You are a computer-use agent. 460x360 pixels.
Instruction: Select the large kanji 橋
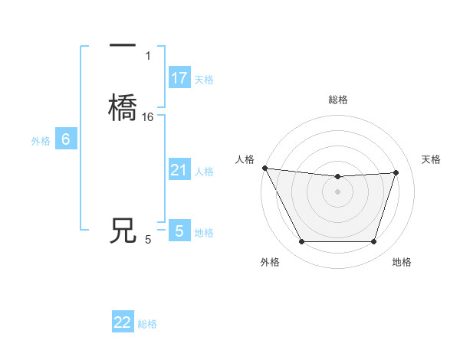click(123, 106)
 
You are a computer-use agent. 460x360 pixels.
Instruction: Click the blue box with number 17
click(179, 78)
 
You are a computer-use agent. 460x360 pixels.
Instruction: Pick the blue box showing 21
click(179, 170)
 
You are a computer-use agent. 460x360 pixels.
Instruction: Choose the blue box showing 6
click(65, 139)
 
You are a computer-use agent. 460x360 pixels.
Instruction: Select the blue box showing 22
click(123, 322)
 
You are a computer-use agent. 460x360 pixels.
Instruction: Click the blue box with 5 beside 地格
click(179, 231)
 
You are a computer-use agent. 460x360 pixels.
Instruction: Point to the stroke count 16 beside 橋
click(148, 117)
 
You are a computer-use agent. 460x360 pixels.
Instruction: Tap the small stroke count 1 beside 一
click(148, 55)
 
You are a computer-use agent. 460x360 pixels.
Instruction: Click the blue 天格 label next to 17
click(204, 80)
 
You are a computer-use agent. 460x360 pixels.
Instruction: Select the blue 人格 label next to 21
click(204, 172)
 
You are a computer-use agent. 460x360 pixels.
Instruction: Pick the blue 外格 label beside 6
click(41, 141)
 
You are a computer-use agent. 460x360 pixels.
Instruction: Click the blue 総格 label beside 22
click(147, 324)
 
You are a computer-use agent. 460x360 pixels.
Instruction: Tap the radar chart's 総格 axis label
click(338, 100)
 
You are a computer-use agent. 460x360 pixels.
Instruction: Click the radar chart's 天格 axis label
click(432, 159)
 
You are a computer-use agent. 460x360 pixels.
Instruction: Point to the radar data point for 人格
click(264, 168)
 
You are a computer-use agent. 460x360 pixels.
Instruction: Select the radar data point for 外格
click(301, 242)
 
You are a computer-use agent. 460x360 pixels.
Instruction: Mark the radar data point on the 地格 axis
click(374, 242)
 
